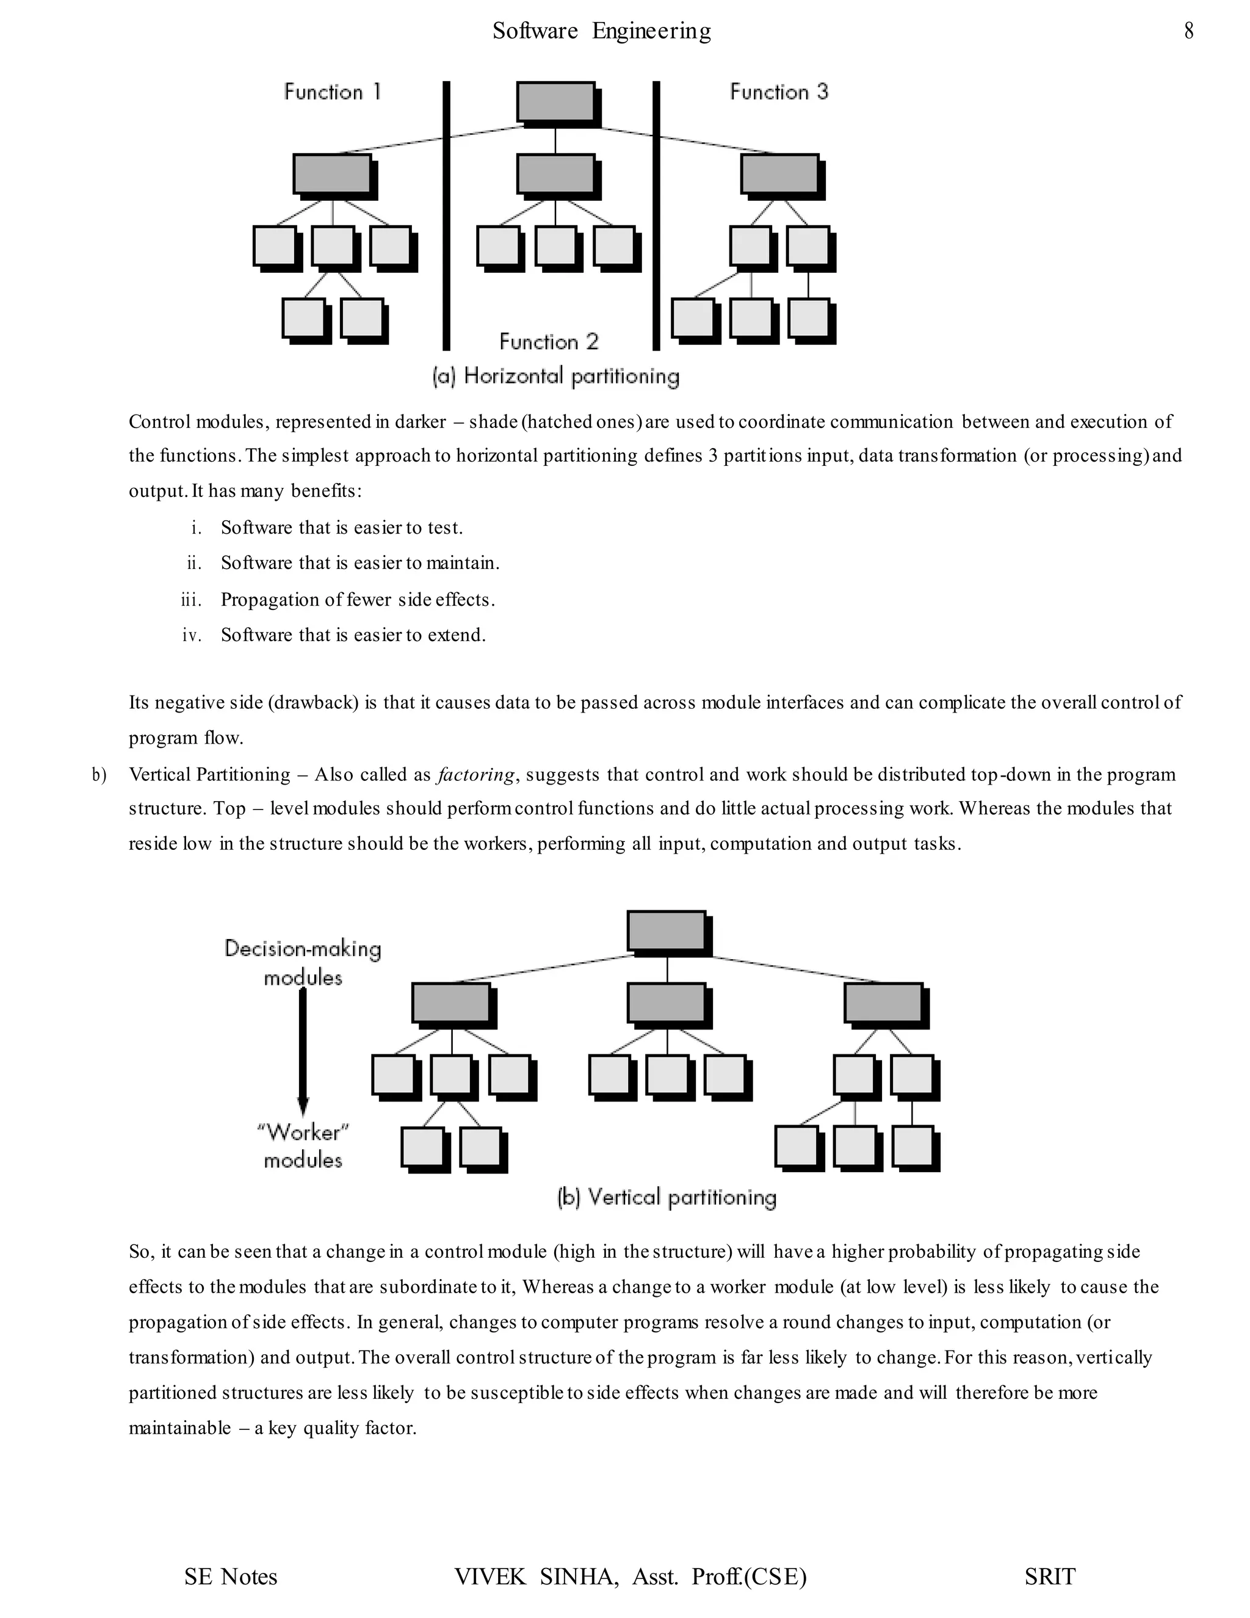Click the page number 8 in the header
click(1188, 31)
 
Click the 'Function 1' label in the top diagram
click(333, 92)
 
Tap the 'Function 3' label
click(779, 92)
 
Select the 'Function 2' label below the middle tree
click(549, 341)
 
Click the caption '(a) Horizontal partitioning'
click(555, 376)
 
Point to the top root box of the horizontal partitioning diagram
click(555, 101)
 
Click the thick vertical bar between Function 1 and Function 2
click(447, 215)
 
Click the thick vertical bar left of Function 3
click(656, 215)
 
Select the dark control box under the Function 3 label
click(780, 174)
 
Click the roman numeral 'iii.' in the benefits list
click(191, 600)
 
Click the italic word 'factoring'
click(475, 775)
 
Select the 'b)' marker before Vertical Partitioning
click(98, 775)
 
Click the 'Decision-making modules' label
click(303, 962)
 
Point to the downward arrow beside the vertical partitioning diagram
click(303, 1052)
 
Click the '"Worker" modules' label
click(303, 1145)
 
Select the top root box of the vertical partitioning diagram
click(667, 931)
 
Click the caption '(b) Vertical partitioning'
click(667, 1198)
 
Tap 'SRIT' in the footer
click(1049, 1576)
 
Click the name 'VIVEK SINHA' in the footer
click(535, 1576)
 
